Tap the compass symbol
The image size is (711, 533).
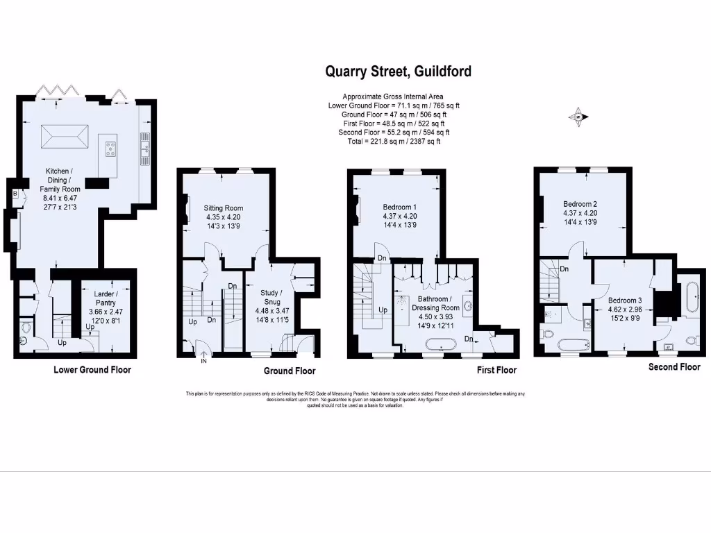[578, 117]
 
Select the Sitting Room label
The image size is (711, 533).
[223, 208]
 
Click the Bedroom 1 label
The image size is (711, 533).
[400, 207]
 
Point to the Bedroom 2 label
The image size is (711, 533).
[580, 203]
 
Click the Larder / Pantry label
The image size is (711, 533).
[104, 298]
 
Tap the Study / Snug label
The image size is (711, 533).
[270, 297]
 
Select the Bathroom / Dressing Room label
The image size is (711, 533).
[435, 303]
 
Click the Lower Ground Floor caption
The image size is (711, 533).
[92, 370]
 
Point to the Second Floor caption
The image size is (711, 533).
[674, 366]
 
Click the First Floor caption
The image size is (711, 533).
[496, 371]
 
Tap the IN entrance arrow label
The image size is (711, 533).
[203, 361]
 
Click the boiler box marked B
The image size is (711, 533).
[15, 194]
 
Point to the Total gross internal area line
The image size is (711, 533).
[394, 141]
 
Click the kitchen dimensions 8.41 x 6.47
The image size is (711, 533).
[62, 198]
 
